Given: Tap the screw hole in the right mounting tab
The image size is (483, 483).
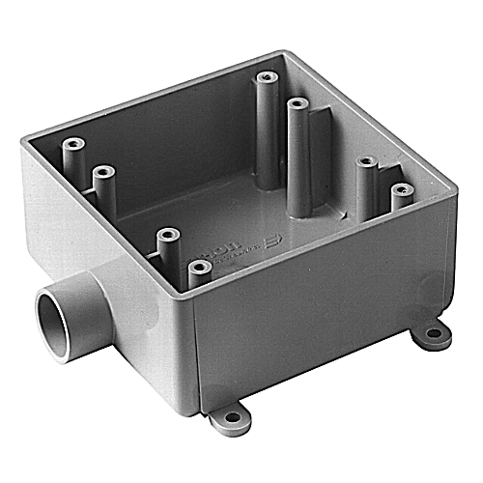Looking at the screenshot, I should click(x=436, y=333).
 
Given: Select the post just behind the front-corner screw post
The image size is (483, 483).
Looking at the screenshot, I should click(x=168, y=236).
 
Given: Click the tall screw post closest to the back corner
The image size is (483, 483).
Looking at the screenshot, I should click(x=265, y=77).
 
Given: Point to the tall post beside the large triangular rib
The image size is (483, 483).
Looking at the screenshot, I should click(x=296, y=101).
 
